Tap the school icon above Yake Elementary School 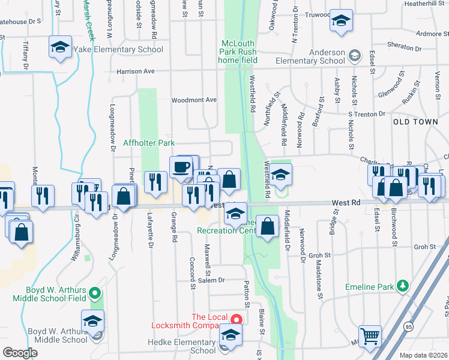(60, 47)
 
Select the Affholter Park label (149, 143)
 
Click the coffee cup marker (181, 166)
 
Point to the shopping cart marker (370, 335)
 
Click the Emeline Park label (369, 287)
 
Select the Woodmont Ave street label (194, 100)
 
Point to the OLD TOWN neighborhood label (415, 122)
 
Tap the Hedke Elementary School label (182, 346)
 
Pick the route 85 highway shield (408, 326)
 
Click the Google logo (20, 352)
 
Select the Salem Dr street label (212, 280)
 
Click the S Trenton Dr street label (366, 114)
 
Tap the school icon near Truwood (341, 22)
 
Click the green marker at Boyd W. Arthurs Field (94, 294)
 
